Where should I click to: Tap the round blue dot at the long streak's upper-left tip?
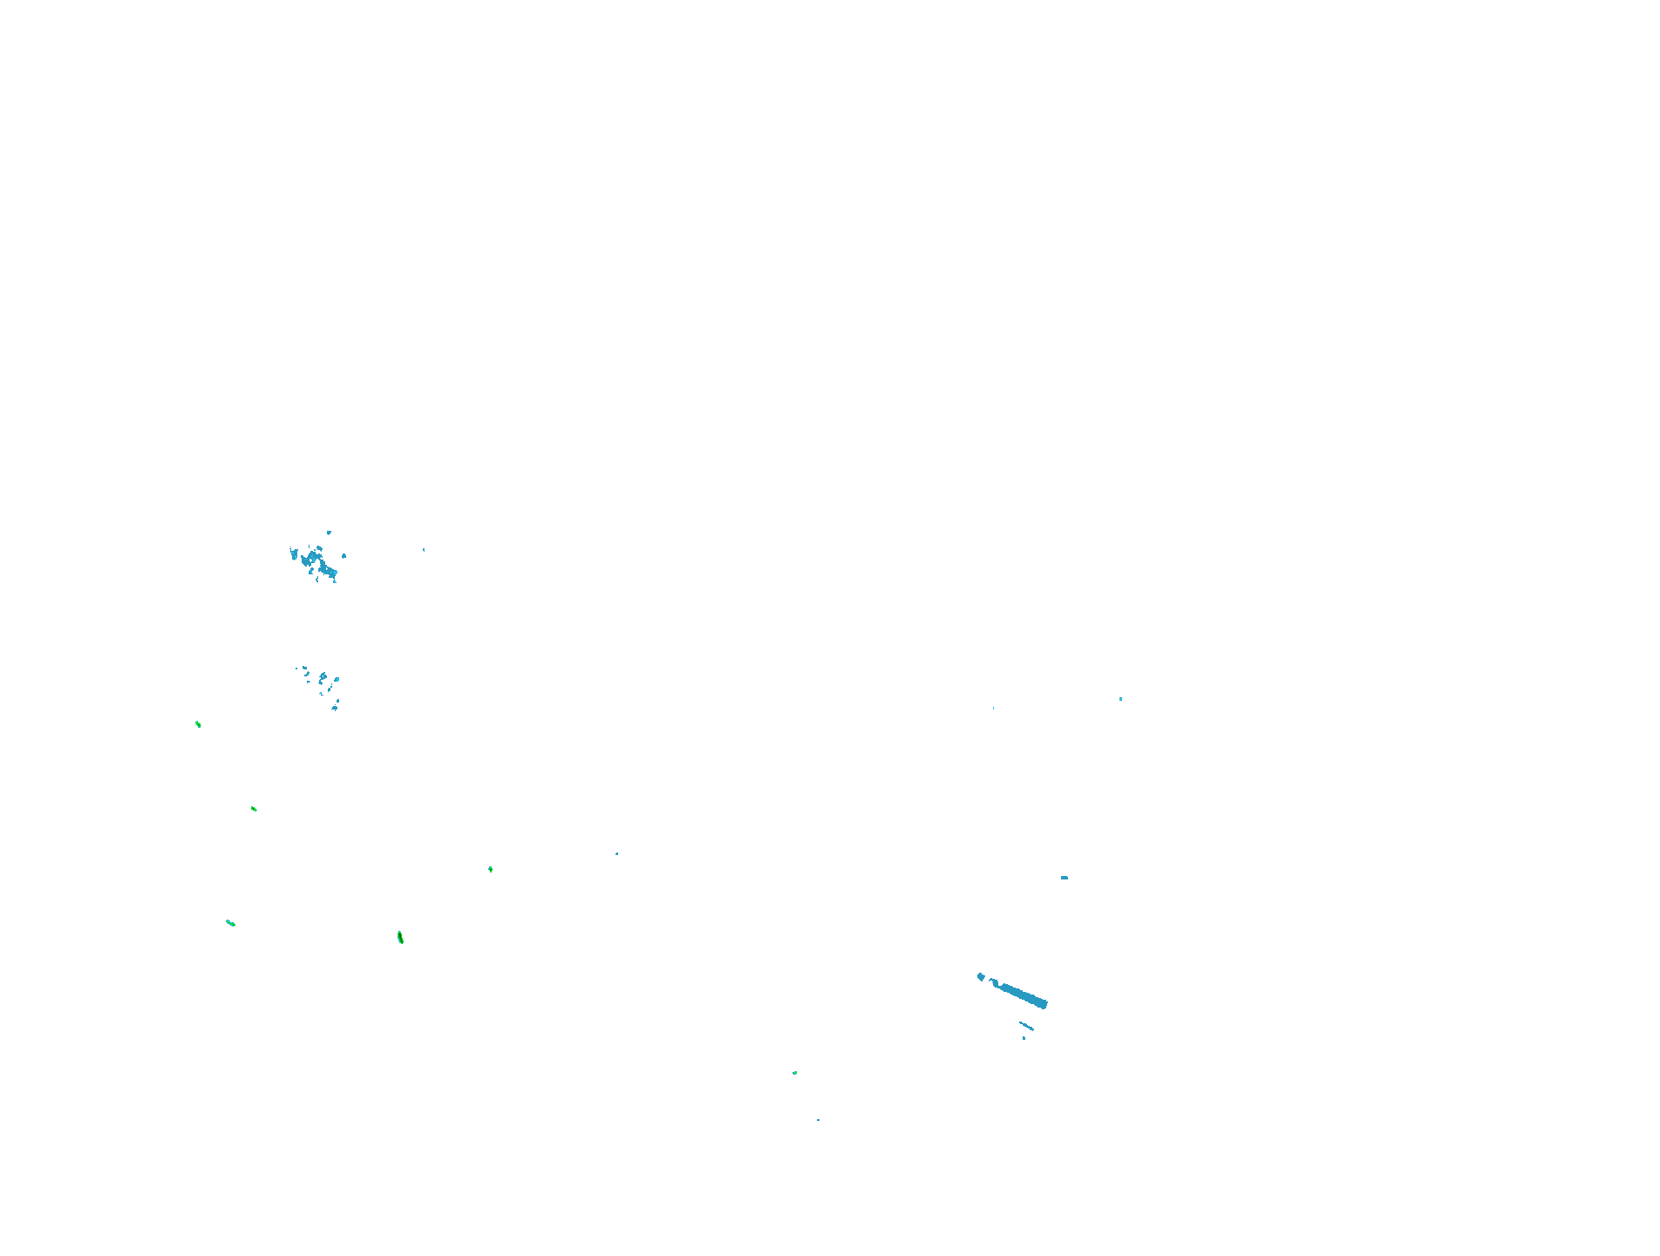click(981, 977)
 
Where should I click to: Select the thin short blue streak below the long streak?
click(1026, 1026)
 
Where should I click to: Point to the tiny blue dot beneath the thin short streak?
click(1024, 1038)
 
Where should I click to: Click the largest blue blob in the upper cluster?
click(327, 571)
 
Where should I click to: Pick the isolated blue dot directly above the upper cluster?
click(329, 533)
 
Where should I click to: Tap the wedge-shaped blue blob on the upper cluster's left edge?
click(294, 553)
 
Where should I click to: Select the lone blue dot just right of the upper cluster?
click(344, 555)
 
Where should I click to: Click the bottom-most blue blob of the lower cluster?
click(335, 708)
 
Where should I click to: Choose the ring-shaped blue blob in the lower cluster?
click(323, 677)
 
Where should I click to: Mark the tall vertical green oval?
click(400, 938)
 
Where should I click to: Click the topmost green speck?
click(198, 723)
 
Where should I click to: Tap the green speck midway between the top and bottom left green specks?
click(254, 809)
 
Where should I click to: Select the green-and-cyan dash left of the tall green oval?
click(230, 923)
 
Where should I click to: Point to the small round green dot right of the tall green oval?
click(491, 869)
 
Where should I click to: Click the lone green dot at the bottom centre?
click(794, 1073)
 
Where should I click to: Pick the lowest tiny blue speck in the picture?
click(818, 1120)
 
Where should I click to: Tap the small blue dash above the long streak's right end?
click(1065, 878)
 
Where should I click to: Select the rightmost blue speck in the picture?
click(1120, 699)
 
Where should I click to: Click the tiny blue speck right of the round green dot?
click(616, 853)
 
